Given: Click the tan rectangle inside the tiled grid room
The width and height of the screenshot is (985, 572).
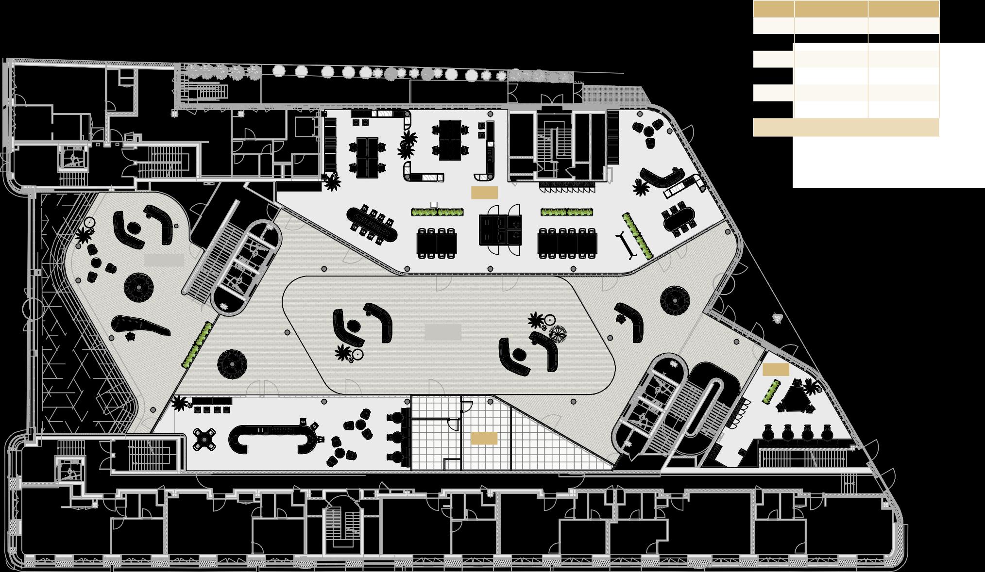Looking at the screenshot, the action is click(484, 438).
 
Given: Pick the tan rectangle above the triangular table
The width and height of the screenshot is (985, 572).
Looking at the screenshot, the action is click(776, 370).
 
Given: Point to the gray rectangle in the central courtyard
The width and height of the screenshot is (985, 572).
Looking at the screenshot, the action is click(442, 332).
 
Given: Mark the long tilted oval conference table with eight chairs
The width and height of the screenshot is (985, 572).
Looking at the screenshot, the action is click(372, 224).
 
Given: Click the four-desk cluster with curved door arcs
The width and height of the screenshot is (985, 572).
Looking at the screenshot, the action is click(500, 229).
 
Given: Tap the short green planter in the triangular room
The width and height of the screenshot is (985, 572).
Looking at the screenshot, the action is click(770, 392).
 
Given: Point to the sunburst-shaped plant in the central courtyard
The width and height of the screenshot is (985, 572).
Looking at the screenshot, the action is click(558, 334).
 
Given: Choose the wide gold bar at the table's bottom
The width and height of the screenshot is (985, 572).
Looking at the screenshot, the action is click(846, 127).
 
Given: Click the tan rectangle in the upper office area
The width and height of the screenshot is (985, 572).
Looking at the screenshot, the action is click(484, 193).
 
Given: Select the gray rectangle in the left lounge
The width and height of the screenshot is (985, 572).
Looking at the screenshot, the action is click(164, 260).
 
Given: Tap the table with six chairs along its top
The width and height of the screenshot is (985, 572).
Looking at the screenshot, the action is click(567, 241).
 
